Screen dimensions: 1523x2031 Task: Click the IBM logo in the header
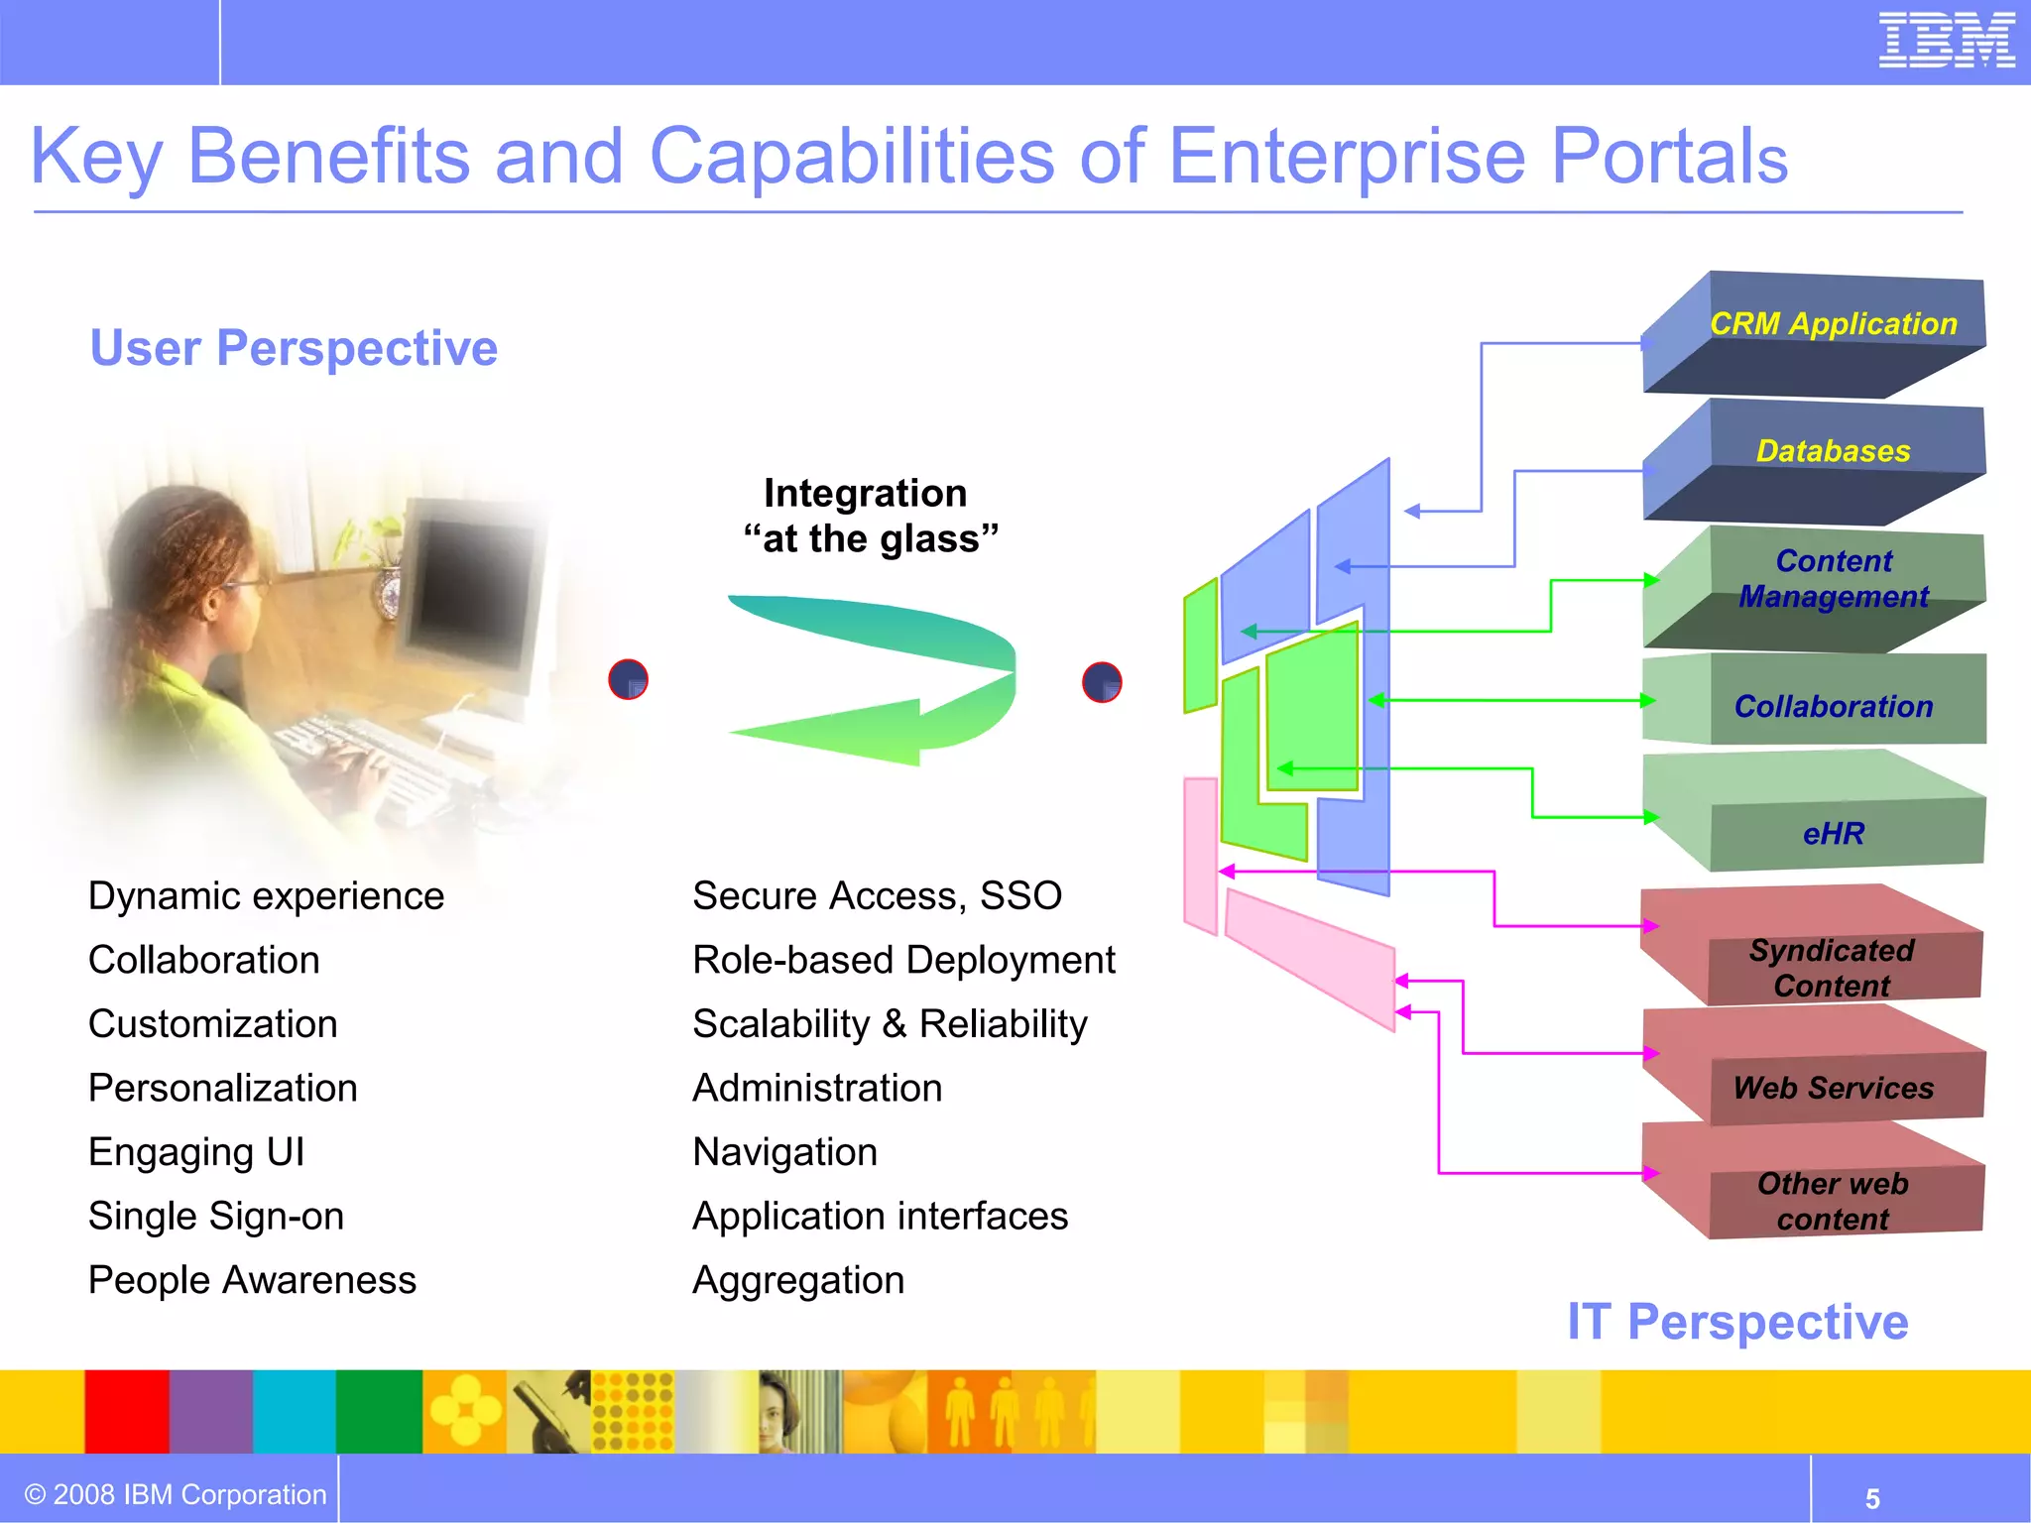(x=1946, y=41)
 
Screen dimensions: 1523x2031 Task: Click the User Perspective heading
(x=294, y=348)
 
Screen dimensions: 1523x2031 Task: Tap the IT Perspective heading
(x=1737, y=1322)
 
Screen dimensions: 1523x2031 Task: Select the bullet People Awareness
(x=252, y=1280)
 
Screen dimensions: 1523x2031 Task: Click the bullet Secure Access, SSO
(x=877, y=896)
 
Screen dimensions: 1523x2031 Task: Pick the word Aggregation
(x=798, y=1280)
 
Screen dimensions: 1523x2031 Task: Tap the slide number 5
(x=1872, y=1498)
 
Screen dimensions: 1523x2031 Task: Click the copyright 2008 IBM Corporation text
(x=176, y=1494)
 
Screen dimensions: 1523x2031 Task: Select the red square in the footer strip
(x=126, y=1411)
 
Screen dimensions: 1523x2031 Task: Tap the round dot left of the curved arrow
(x=628, y=679)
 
